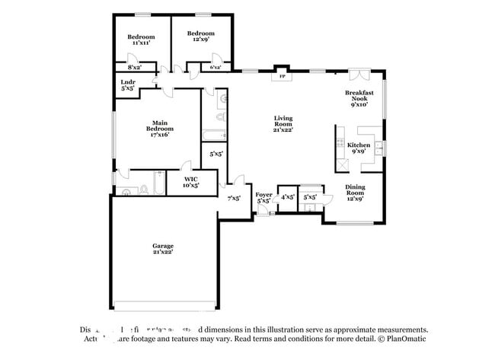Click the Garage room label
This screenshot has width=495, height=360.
click(162, 249)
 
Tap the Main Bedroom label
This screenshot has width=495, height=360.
click(159, 129)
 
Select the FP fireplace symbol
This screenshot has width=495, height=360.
click(282, 76)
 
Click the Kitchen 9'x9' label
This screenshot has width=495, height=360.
click(359, 148)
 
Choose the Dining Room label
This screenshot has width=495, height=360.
click(355, 191)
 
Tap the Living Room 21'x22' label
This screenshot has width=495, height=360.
click(283, 123)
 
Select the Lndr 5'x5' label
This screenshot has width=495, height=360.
click(128, 85)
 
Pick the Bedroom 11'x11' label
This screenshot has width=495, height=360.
click(141, 40)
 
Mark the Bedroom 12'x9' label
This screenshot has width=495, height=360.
click(201, 37)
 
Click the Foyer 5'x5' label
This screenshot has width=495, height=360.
click(263, 198)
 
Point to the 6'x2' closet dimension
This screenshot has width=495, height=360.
click(216, 68)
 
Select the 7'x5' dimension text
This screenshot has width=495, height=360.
click(234, 198)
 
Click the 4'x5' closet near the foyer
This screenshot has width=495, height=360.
click(288, 197)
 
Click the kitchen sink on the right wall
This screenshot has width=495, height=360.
click(381, 146)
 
